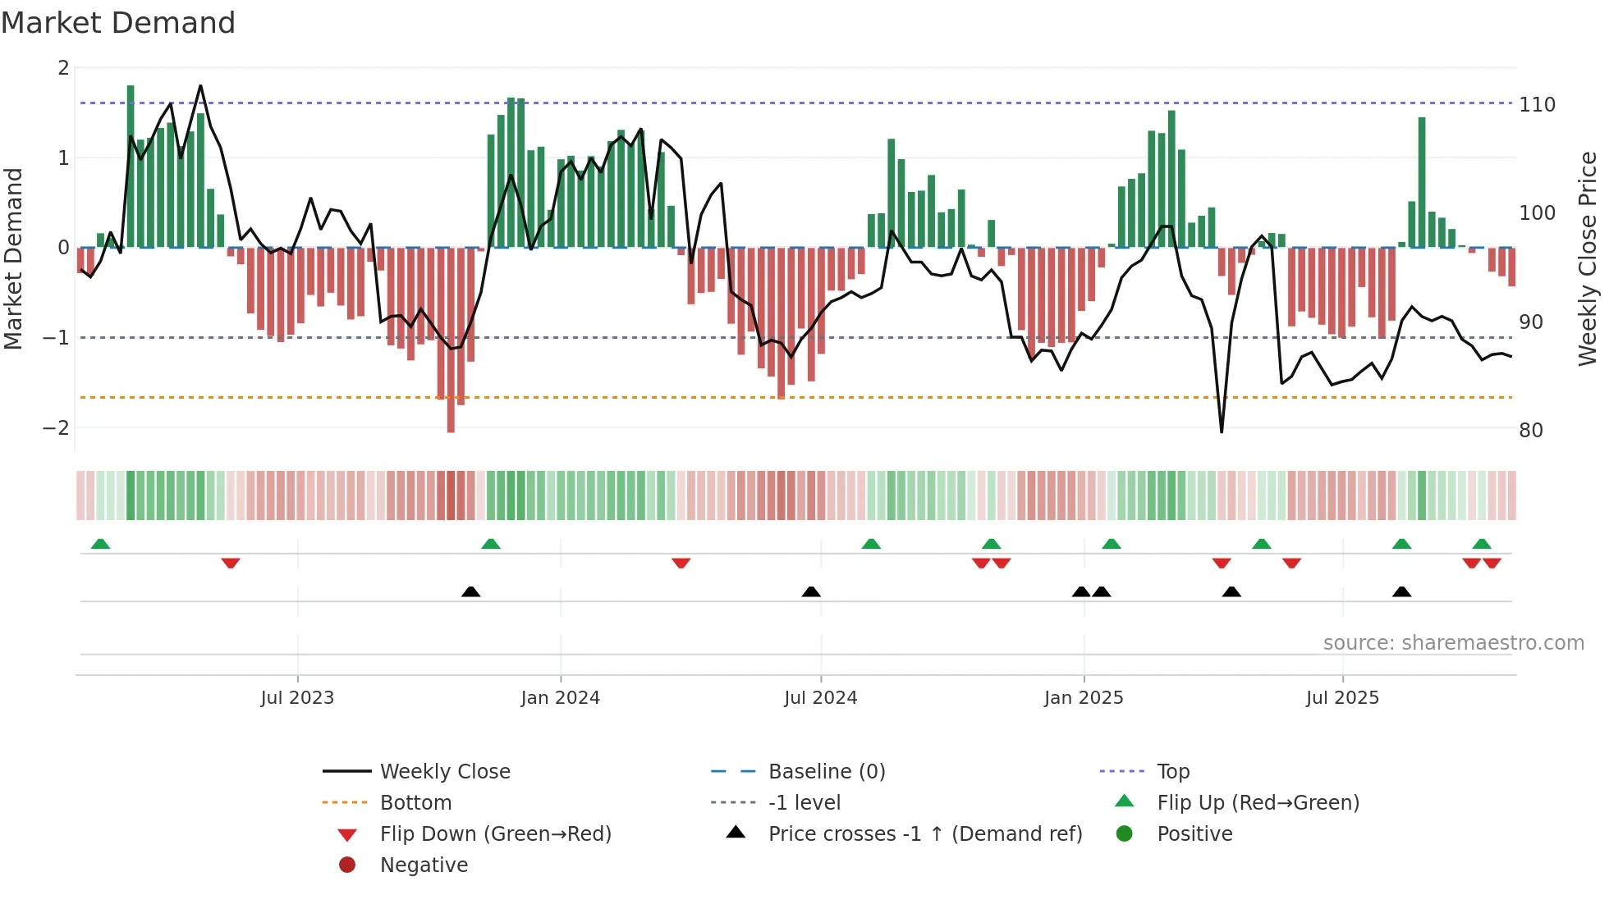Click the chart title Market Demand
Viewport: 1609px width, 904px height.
click(118, 23)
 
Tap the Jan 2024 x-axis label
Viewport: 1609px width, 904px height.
click(560, 698)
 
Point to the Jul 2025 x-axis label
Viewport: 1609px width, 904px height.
click(1342, 698)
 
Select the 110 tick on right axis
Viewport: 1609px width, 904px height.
click(1537, 105)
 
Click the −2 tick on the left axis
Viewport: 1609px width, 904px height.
click(56, 428)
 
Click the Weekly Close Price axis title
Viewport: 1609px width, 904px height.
click(1588, 258)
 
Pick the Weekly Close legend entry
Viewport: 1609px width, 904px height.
click(444, 772)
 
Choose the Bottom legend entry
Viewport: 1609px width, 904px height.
click(415, 803)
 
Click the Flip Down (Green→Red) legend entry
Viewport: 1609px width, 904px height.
click(495, 834)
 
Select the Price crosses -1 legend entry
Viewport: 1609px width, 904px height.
click(924, 834)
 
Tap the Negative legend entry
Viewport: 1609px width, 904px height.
click(424, 865)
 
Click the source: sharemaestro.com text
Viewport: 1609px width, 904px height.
click(1453, 643)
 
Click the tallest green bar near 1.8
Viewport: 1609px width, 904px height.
click(131, 164)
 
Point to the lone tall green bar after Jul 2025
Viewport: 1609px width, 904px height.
click(1422, 180)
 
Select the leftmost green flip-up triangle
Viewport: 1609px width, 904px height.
click(100, 544)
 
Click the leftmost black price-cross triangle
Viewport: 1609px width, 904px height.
click(470, 591)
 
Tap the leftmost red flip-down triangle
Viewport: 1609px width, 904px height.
click(231, 564)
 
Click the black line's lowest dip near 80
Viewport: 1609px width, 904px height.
click(1222, 431)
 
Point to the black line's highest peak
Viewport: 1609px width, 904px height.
click(200, 86)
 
